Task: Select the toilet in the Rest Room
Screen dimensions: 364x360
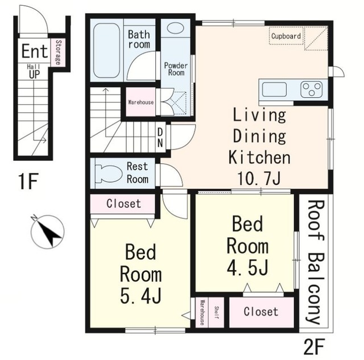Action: coord(108,173)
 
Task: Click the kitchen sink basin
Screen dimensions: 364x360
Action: coord(274,90)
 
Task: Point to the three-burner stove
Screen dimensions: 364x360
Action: coord(312,89)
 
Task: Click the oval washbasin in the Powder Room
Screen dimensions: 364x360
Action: coord(175,28)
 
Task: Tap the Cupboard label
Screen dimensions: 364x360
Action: coord(286,36)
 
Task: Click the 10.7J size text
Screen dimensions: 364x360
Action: coord(259,179)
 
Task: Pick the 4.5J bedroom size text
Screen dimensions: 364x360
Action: coord(247,268)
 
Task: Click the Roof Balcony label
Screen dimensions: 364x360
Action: coord(316,262)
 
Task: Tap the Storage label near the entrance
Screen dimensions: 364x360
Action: coord(58,53)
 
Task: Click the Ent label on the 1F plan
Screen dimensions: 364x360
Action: coord(35,51)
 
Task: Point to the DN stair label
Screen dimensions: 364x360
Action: coord(160,138)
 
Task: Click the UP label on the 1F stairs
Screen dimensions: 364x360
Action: coord(34,75)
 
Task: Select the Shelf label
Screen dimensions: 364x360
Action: coord(216,312)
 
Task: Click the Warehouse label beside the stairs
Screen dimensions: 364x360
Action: coord(140,102)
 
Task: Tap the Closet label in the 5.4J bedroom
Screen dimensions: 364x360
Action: coord(124,204)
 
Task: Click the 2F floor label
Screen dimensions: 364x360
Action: coord(314,346)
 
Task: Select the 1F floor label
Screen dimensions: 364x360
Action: coord(28,181)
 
